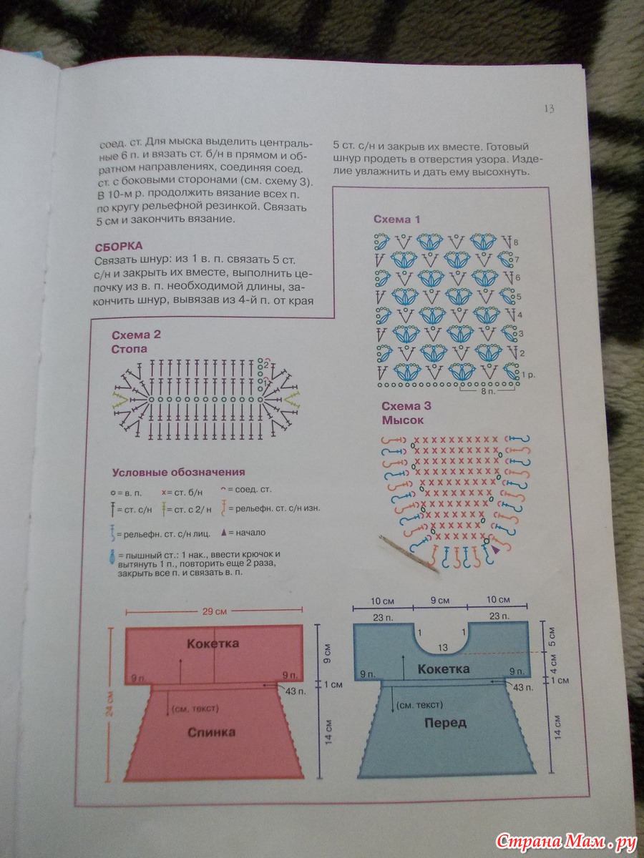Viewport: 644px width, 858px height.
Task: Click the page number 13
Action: (549, 109)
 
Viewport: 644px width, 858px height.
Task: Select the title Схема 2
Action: (137, 335)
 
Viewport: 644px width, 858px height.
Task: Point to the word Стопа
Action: (130, 350)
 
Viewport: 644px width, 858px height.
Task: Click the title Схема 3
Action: (406, 406)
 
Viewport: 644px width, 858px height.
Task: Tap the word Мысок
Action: (403, 420)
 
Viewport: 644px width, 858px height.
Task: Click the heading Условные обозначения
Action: (179, 472)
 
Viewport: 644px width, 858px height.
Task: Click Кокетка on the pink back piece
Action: (213, 643)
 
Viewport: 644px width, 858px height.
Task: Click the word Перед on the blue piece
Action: (444, 723)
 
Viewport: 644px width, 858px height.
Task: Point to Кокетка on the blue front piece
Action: (444, 669)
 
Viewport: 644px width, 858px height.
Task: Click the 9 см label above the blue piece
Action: (439, 599)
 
